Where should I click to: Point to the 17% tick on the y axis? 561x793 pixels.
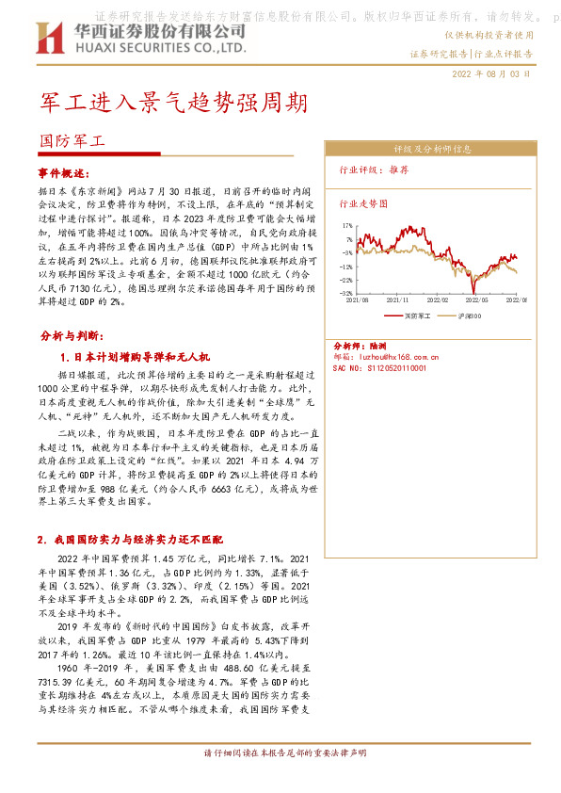348,226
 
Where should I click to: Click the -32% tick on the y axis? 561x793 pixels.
347,293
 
